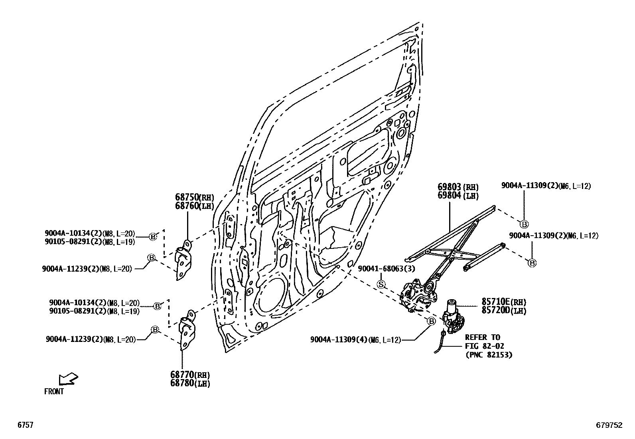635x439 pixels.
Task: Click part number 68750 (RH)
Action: coord(194,197)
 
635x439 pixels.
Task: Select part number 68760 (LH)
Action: coord(194,206)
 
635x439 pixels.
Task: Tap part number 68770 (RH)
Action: coord(190,375)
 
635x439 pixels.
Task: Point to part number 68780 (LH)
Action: coord(190,383)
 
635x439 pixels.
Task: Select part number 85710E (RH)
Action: coord(504,302)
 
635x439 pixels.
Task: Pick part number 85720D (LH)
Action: coord(504,311)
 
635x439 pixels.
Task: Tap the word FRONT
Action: coord(54,392)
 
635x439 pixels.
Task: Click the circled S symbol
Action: coord(381,284)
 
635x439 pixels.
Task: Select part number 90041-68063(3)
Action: coord(386,269)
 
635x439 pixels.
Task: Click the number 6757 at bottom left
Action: coord(25,425)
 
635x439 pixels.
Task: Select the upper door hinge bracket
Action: coord(183,260)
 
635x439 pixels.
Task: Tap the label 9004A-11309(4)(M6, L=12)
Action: coord(355,340)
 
